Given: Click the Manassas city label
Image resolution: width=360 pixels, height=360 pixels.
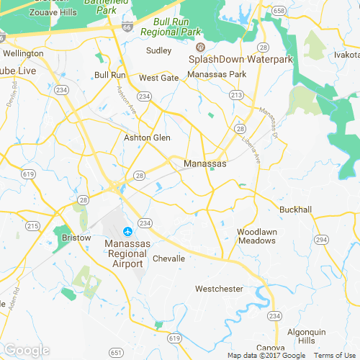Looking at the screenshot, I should pyautogui.click(x=205, y=164).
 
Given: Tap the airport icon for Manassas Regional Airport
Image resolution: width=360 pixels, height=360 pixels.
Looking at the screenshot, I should pyautogui.click(x=128, y=232).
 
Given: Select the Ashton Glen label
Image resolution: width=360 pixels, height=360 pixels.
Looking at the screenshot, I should pyautogui.click(x=147, y=138).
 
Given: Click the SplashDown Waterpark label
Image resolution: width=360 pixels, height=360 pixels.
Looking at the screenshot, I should pyautogui.click(x=240, y=59).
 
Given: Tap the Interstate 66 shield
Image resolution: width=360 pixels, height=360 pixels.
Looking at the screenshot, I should pyautogui.click(x=127, y=27).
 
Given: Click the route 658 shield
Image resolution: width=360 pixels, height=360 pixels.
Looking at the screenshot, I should pyautogui.click(x=276, y=10).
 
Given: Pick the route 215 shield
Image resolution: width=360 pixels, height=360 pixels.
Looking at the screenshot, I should pyautogui.click(x=32, y=226).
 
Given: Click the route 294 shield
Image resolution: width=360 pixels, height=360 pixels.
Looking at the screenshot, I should pyautogui.click(x=321, y=239).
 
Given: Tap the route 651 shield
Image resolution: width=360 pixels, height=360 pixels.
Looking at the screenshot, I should pyautogui.click(x=116, y=352).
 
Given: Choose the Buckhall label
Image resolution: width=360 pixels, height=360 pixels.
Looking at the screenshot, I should pyautogui.click(x=295, y=210).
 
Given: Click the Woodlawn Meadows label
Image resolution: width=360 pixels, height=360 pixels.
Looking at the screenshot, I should pyautogui.click(x=256, y=236).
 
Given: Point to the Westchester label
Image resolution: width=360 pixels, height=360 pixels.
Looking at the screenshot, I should pyautogui.click(x=219, y=289).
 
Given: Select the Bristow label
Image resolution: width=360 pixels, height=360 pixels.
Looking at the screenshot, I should pyautogui.click(x=77, y=238).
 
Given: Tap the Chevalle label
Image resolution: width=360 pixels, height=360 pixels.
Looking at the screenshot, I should pyautogui.click(x=168, y=258).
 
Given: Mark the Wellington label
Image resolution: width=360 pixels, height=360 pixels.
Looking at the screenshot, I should pyautogui.click(x=23, y=53).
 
